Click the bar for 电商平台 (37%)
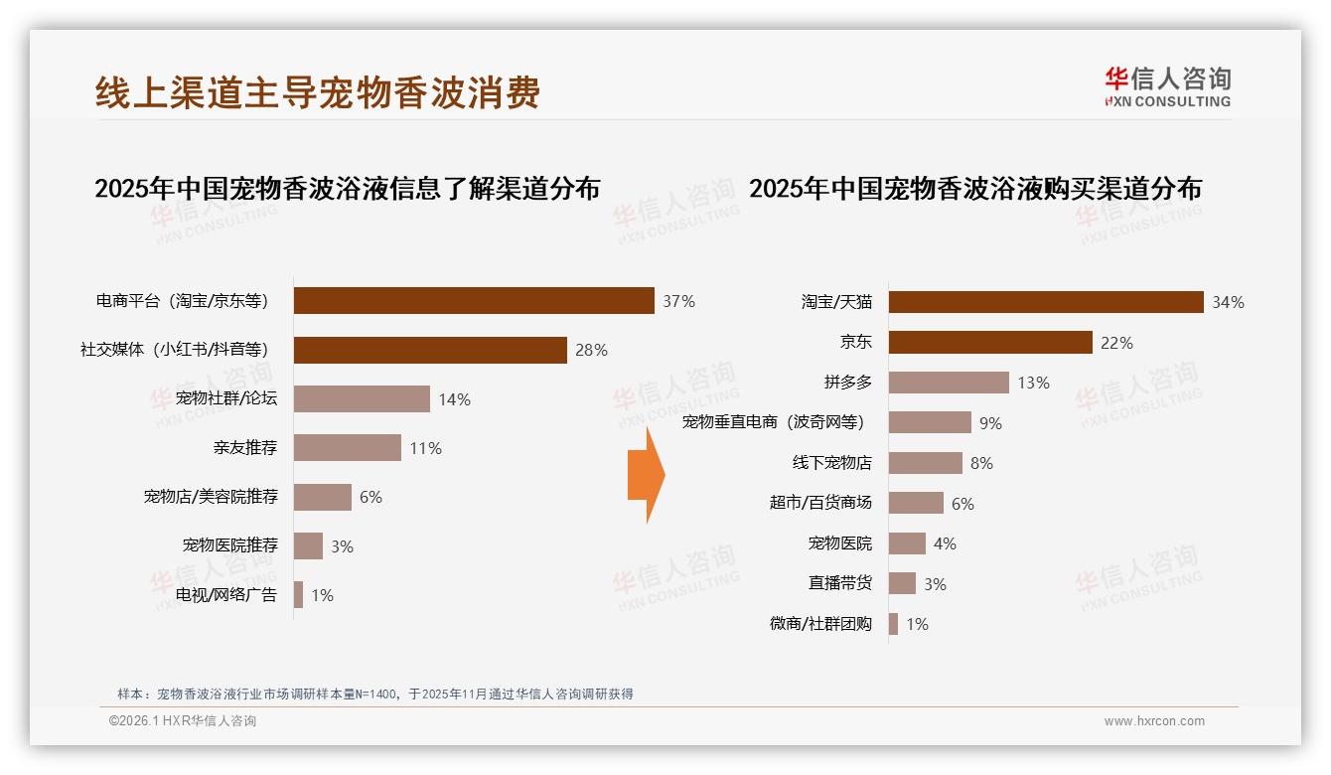[474, 301]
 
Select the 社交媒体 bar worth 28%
[430, 350]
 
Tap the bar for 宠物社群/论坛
[362, 399]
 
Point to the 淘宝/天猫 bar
[1046, 302]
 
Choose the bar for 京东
[990, 343]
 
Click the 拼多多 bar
[949, 383]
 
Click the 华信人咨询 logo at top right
[1167, 87]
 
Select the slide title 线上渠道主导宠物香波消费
[318, 92]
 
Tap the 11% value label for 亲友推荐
[425, 448]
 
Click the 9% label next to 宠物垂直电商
[990, 423]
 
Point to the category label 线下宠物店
[831, 463]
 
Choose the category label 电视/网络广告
[226, 595]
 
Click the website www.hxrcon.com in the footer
[1154, 721]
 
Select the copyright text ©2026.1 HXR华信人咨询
[183, 721]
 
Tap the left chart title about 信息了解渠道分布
[347, 188]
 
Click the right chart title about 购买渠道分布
[974, 188]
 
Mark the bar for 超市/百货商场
[916, 503]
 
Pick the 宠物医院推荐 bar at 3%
[308, 545]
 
